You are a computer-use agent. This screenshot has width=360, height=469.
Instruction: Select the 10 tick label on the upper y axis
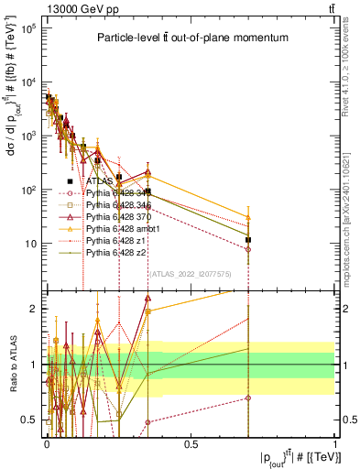point(28,244)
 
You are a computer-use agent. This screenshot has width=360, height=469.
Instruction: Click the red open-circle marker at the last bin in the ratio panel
point(248,398)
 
